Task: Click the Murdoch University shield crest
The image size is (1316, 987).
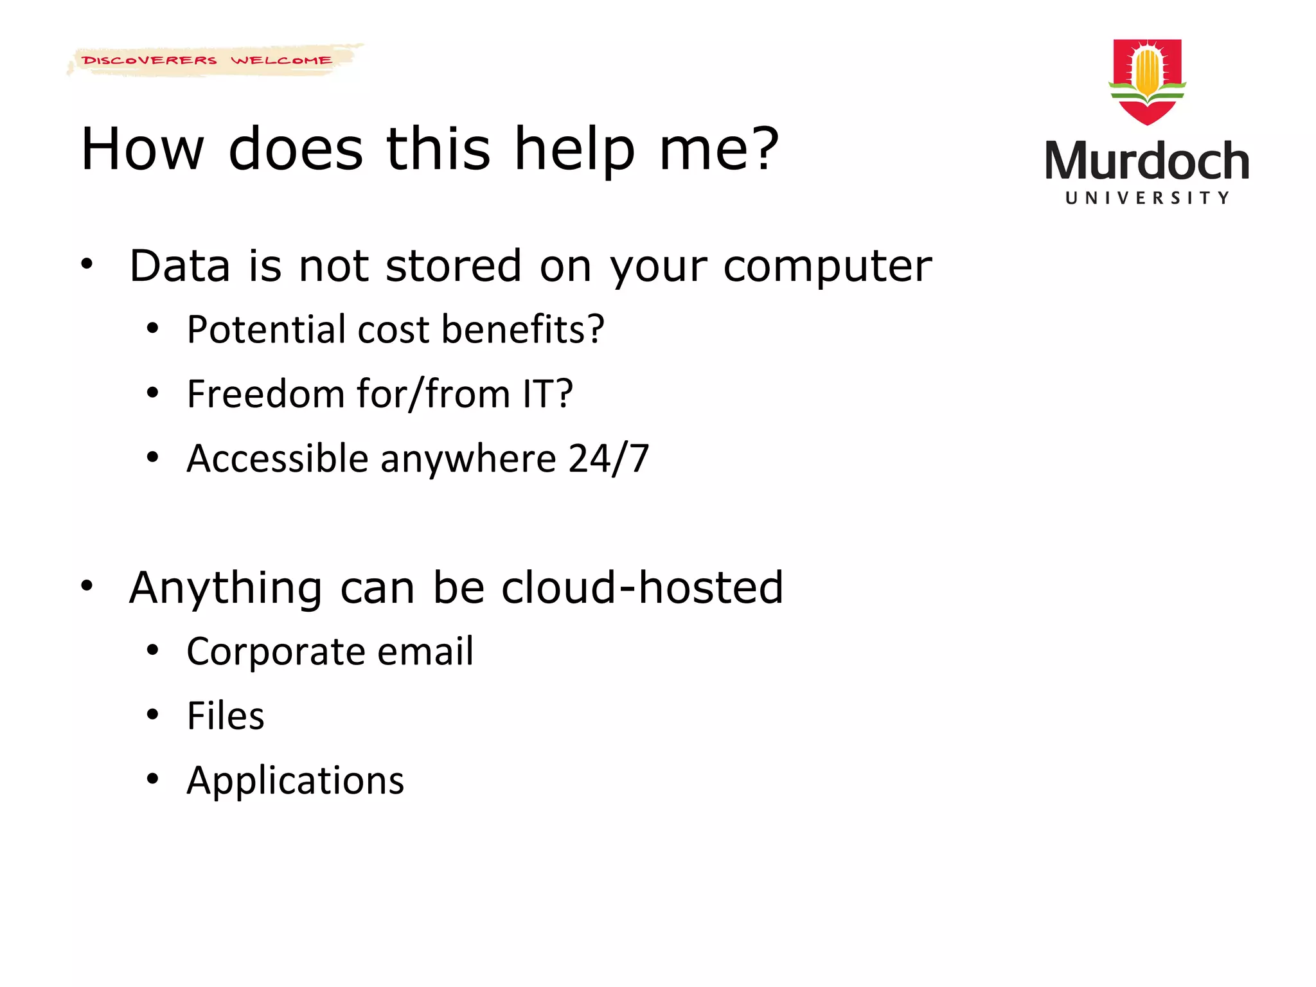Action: coord(1147,81)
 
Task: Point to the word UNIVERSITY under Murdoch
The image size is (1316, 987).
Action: coord(1147,198)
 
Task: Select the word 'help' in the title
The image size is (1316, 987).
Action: coord(574,149)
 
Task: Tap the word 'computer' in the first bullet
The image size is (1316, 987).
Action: coord(827,266)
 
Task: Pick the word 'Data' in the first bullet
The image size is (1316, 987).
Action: coord(179,266)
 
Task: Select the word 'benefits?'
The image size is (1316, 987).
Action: coord(523,330)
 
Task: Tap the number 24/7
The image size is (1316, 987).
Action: coord(609,459)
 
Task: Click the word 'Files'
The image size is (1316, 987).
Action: coord(226,716)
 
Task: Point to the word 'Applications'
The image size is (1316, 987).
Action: coord(296,781)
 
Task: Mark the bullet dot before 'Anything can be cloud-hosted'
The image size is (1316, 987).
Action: coord(87,585)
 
